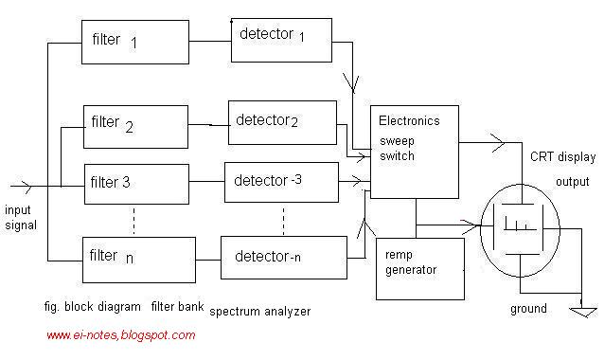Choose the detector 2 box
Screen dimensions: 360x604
pyautogui.click(x=281, y=122)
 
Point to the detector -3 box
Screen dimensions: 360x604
pyautogui.click(x=278, y=181)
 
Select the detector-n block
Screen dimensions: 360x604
pyautogui.click(x=281, y=257)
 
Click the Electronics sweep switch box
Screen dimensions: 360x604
pyautogui.click(x=417, y=152)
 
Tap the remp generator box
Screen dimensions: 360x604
pyautogui.click(x=420, y=267)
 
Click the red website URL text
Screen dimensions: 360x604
pyautogui.click(x=120, y=335)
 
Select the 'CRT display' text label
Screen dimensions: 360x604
pyautogui.click(x=562, y=157)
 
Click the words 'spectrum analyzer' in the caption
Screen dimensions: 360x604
pyautogui.click(x=259, y=310)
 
